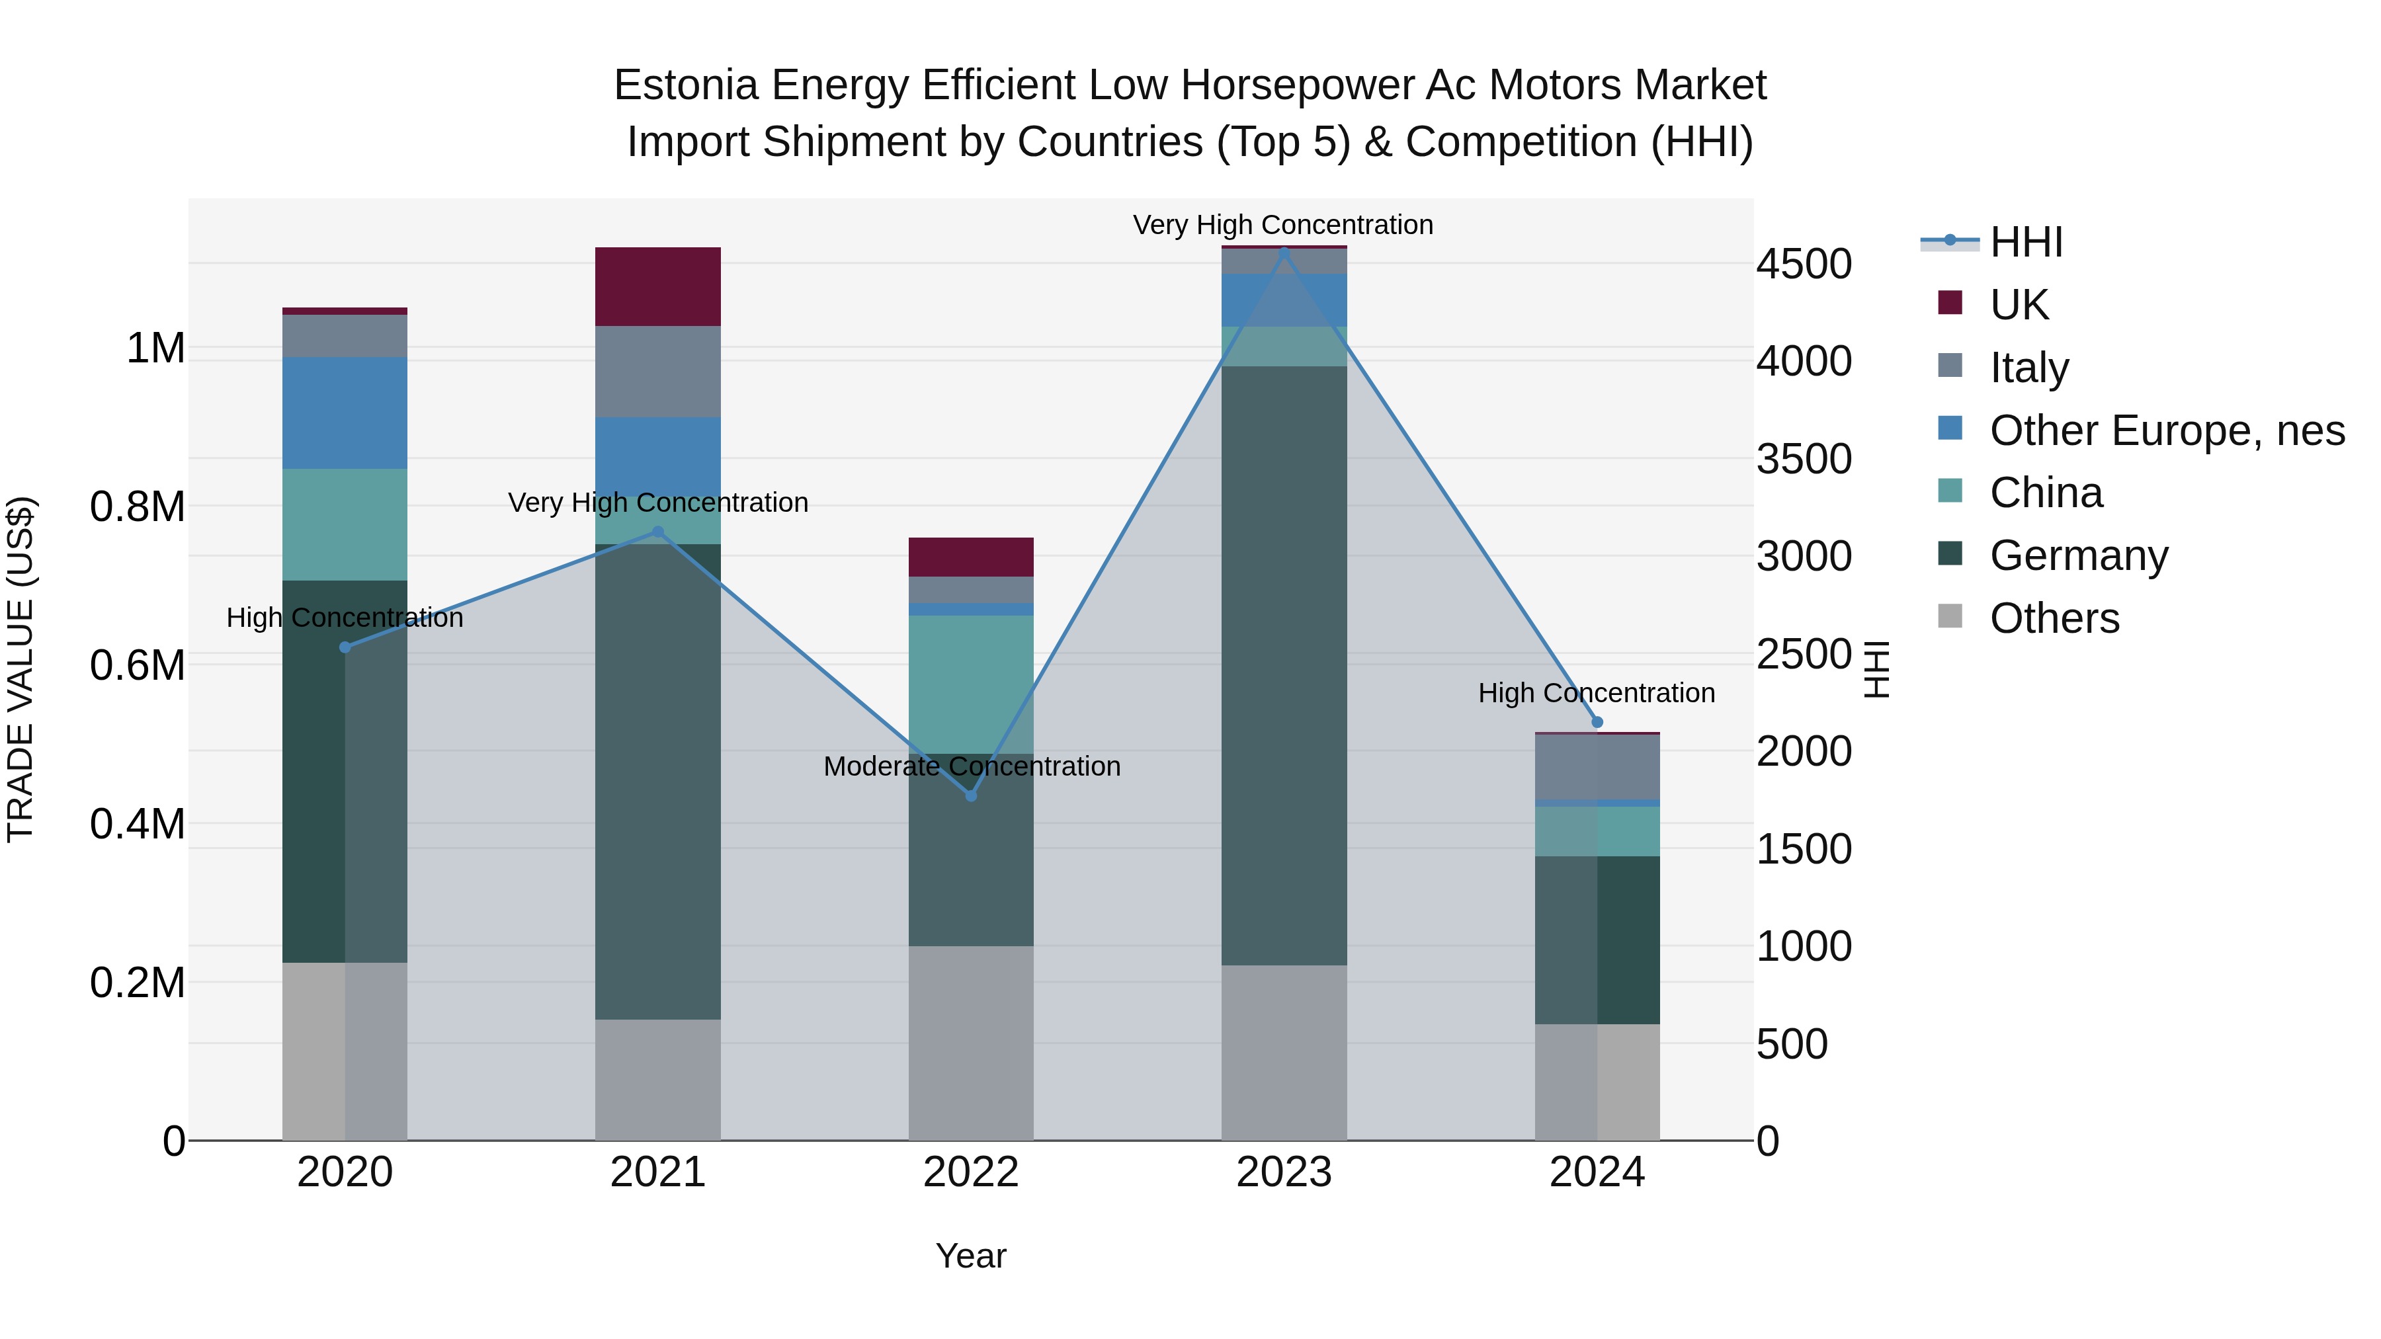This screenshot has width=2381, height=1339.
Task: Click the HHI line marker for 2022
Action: (x=970, y=795)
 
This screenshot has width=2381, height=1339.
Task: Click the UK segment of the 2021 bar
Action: (x=657, y=286)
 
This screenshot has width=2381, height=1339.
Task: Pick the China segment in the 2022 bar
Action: (x=970, y=684)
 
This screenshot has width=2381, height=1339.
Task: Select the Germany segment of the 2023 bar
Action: (x=1284, y=665)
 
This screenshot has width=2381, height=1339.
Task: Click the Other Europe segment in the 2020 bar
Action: (x=345, y=413)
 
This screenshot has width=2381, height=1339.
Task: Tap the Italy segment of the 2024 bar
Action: (x=1597, y=767)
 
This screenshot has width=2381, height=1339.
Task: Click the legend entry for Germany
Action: (x=2078, y=555)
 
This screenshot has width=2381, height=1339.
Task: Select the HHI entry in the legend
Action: (x=2026, y=242)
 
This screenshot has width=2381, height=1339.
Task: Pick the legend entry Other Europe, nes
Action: (x=2167, y=430)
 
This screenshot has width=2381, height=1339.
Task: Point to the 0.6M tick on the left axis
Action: (x=138, y=665)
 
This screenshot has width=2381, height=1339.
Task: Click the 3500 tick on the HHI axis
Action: (x=1804, y=460)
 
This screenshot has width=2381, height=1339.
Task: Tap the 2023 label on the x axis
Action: (x=1284, y=1172)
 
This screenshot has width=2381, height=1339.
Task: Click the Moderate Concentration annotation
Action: (x=972, y=766)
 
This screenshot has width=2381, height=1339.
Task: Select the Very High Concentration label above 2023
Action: (x=1283, y=225)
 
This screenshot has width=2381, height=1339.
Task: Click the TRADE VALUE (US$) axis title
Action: (x=21, y=669)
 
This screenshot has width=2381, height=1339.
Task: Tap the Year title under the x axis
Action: (x=970, y=1256)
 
